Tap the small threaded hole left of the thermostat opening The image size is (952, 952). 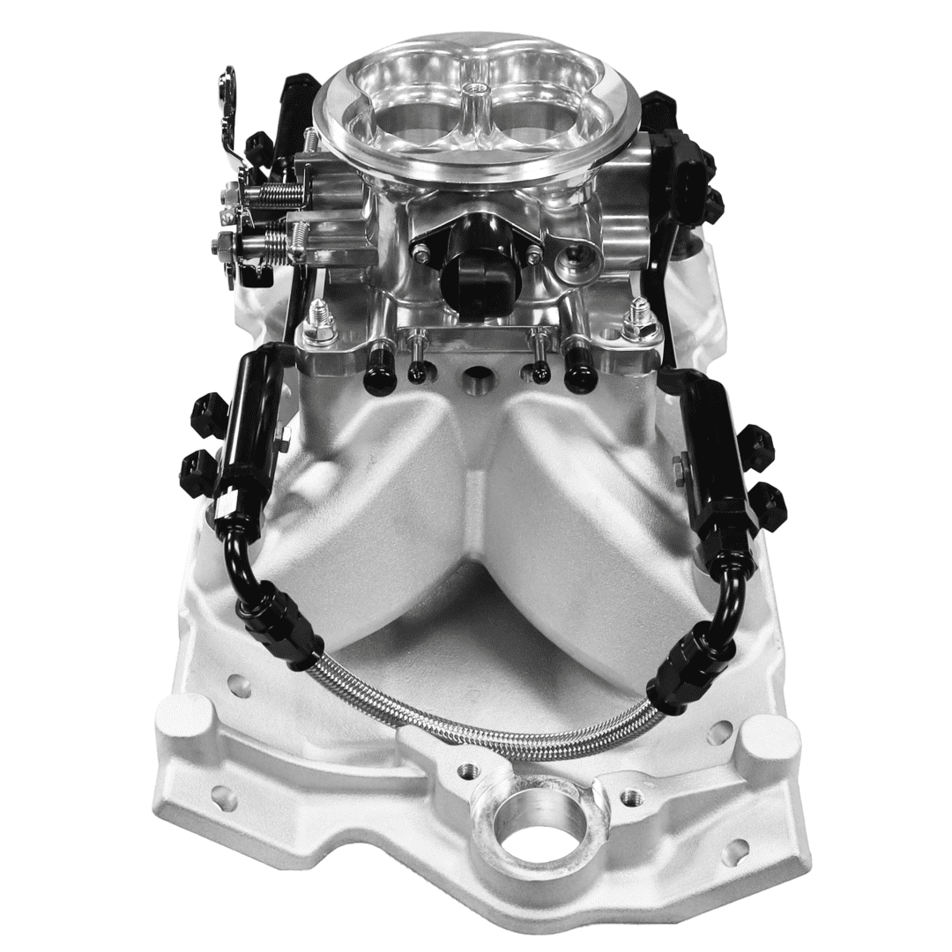(x=462, y=774)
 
